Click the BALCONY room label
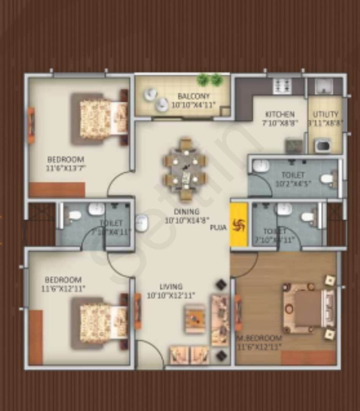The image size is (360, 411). [x=193, y=96]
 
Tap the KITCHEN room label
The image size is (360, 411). [x=280, y=114]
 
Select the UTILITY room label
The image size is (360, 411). [x=325, y=114]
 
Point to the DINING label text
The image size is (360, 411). [x=187, y=212]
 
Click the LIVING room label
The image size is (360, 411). [x=171, y=287]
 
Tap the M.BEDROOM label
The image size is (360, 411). [x=260, y=338]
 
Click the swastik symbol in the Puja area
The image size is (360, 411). [x=239, y=225]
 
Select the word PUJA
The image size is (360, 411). [x=219, y=228]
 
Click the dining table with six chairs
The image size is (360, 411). [x=185, y=170]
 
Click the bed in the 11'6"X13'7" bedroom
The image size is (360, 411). [x=103, y=119]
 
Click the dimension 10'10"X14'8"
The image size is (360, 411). [x=187, y=220]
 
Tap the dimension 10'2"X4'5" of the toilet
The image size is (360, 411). [x=293, y=183]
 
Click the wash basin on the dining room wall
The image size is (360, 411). [x=141, y=223]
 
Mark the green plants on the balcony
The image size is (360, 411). [x=209, y=79]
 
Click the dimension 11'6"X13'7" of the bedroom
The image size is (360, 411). [x=66, y=168]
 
